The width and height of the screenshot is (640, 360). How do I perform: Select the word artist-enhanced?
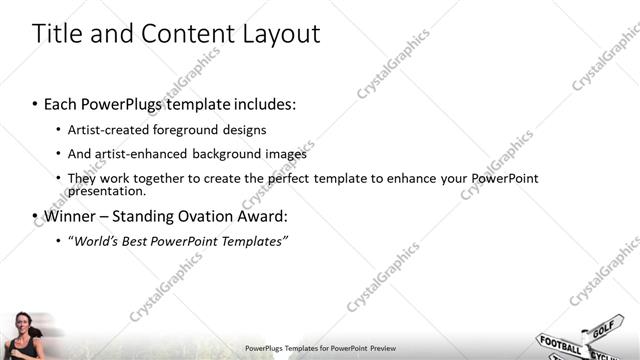[137, 154]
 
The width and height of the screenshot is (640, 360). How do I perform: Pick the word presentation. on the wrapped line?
[107, 191]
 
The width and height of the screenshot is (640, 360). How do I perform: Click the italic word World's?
[98, 241]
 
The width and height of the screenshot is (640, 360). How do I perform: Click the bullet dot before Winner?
[35, 216]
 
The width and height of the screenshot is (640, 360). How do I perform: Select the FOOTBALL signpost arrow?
[559, 345]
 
